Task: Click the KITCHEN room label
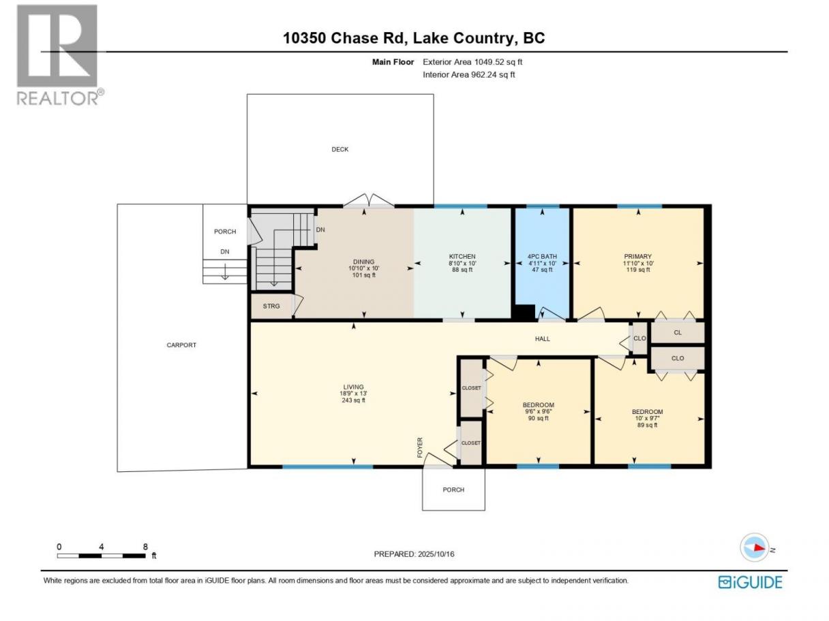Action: pos(462,257)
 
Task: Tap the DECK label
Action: pos(340,149)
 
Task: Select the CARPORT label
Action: pos(181,345)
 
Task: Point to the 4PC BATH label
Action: pos(542,257)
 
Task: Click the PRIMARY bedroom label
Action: pos(638,257)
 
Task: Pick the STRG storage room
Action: pos(271,306)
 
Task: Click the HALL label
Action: pos(543,339)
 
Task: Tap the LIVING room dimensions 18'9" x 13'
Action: pos(353,394)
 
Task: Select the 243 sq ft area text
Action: pos(353,400)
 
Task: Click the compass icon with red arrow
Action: pos(755,547)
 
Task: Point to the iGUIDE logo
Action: pos(751,582)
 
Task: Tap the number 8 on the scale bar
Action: pos(145,546)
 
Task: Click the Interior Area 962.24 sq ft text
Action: pos(468,75)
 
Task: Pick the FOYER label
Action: pos(420,447)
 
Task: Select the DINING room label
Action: pos(363,261)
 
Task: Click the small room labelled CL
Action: pos(678,332)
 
